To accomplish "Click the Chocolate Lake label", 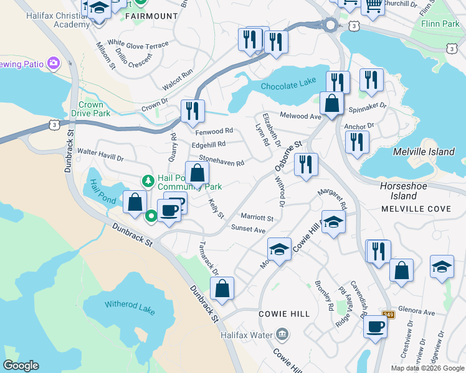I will tap(284, 86).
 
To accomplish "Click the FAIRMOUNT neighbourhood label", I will tap(148, 16).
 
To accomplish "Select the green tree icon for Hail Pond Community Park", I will tap(148, 181).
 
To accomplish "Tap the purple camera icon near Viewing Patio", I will tap(54, 63).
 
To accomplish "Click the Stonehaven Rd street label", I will tap(221, 161).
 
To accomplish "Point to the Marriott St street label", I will tap(257, 218).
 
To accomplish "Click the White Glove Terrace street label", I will tap(138, 45).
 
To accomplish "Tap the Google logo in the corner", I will tap(21, 366).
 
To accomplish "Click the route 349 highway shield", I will tap(388, 315).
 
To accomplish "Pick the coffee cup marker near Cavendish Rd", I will tap(375, 326).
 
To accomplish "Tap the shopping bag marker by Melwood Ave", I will tap(332, 103).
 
